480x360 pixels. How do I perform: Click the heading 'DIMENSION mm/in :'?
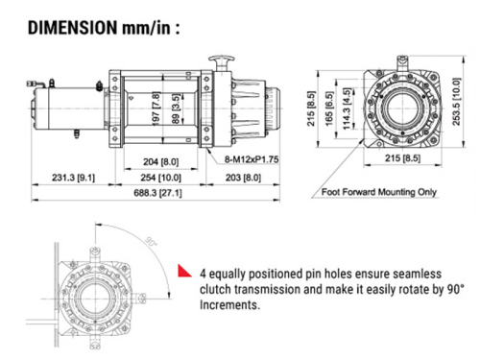(104, 28)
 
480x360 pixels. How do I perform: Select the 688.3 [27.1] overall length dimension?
(157, 193)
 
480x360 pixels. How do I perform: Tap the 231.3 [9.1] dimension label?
(73, 178)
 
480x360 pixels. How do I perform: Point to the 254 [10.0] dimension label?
(160, 178)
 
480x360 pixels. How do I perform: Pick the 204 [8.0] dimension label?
(160, 161)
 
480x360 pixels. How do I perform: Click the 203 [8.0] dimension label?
(243, 178)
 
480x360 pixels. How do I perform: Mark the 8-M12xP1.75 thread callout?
(252, 159)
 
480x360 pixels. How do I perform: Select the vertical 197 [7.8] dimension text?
(156, 108)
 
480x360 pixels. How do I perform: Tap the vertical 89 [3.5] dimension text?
(176, 108)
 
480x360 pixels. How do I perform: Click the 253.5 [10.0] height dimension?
(457, 101)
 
